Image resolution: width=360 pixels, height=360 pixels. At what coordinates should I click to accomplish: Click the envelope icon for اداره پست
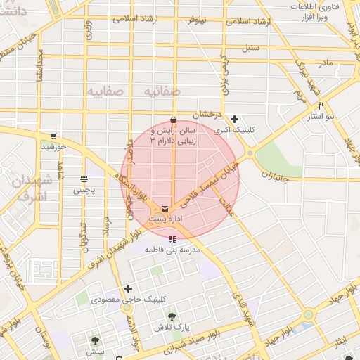coord(165,209)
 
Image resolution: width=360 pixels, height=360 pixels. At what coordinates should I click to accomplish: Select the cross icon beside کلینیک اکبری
coord(235,119)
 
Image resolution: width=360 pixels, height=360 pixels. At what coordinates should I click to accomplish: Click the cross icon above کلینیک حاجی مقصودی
coord(128,288)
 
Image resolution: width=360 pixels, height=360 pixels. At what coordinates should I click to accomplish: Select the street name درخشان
coord(208,114)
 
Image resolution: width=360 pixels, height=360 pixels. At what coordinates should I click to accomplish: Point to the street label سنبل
coord(250,50)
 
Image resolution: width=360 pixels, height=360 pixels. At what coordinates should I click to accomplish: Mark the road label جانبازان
coord(275,174)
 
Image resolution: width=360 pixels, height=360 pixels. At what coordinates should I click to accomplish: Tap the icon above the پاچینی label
coord(84,178)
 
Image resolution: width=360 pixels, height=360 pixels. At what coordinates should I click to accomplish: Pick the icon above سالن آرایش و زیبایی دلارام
coord(173,118)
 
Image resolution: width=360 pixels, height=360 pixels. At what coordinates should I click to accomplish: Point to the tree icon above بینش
coord(94,340)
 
